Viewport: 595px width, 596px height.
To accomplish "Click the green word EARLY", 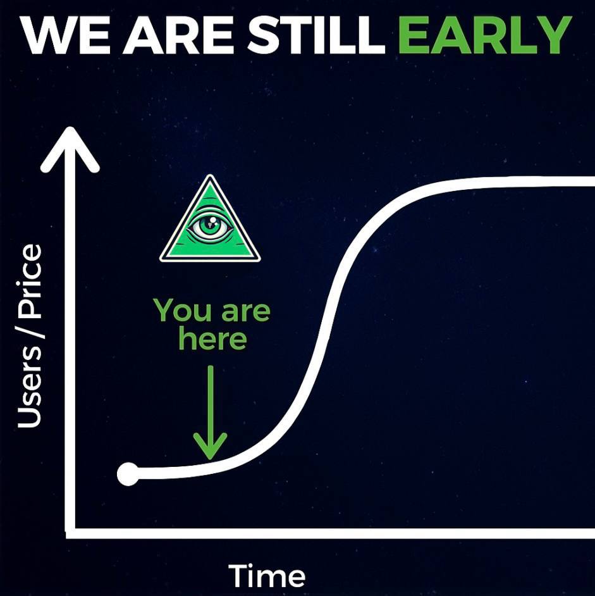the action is [x=485, y=35].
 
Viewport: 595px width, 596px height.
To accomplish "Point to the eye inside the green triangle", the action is [x=210, y=227].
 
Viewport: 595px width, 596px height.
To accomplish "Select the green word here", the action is [x=213, y=338].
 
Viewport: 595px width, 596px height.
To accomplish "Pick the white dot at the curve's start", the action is [x=128, y=474].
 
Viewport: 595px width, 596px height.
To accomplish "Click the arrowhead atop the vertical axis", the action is [x=70, y=149].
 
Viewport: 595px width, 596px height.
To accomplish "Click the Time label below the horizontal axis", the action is [x=267, y=576].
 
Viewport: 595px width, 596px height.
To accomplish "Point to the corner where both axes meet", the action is [x=70, y=533].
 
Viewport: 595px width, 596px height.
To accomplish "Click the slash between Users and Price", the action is [x=30, y=333].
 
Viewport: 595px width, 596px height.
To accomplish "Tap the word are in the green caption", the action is [x=246, y=312].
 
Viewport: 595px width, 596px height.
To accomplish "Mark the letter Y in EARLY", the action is [x=553, y=35].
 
